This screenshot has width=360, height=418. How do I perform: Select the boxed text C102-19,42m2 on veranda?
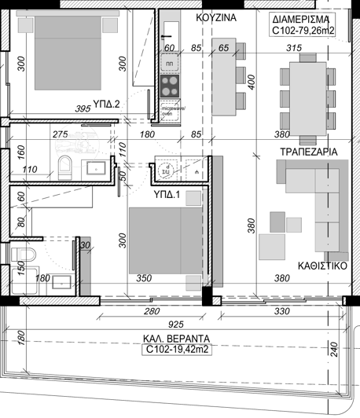(x=177, y=351)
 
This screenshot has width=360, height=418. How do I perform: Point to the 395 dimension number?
(x=83, y=109)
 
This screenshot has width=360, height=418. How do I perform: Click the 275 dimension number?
(x=61, y=135)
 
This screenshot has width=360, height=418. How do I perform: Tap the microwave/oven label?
(x=170, y=110)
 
